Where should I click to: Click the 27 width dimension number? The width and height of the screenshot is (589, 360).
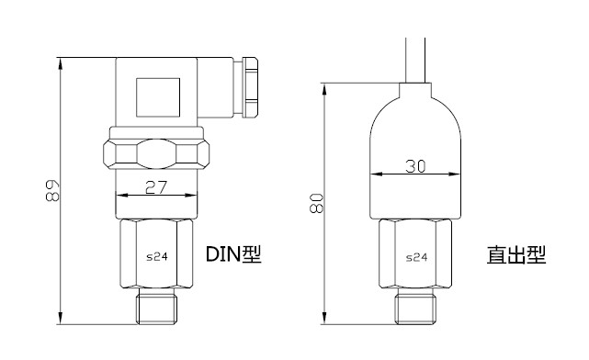[155, 187]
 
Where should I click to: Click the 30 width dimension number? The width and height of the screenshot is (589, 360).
[415, 166]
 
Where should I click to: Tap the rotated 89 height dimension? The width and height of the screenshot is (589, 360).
[52, 191]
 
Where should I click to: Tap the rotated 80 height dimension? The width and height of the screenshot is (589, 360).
[316, 204]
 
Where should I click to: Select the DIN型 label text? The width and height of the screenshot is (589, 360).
[233, 254]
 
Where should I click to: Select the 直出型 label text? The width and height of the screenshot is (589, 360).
[516, 254]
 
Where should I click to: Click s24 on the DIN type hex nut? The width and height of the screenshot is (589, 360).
[156, 257]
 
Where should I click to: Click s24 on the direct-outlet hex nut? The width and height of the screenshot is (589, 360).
[416, 257]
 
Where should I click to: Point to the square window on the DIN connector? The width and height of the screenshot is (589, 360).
[158, 97]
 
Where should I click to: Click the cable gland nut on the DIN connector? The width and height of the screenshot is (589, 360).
[250, 87]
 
